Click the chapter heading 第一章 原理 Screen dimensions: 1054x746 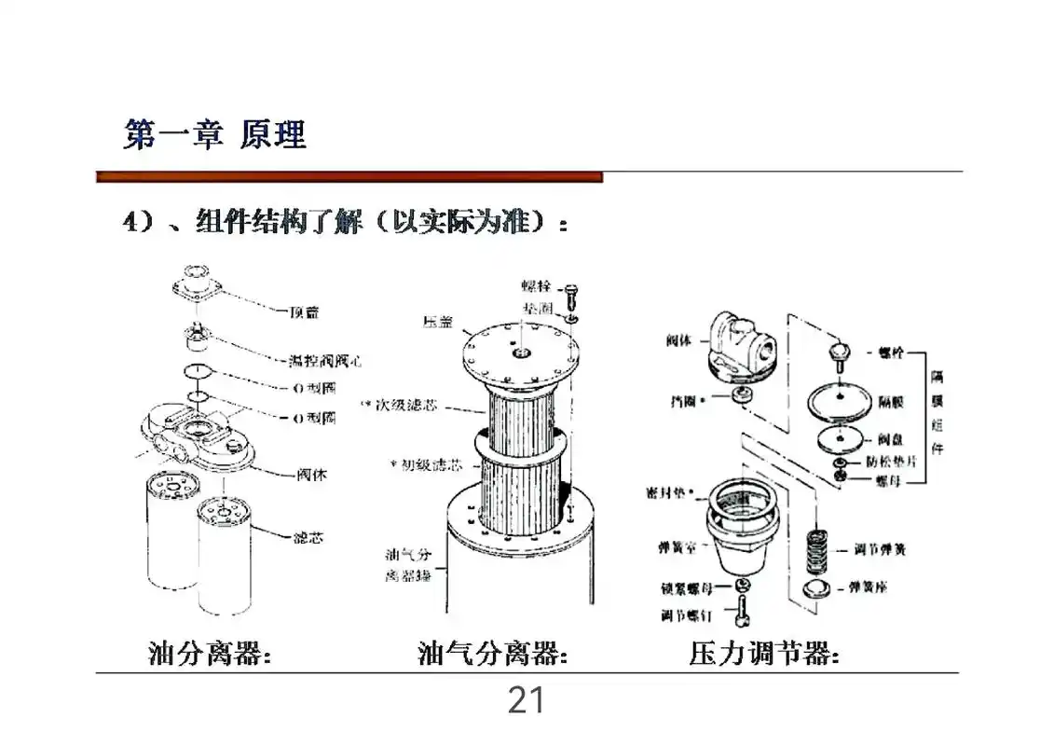click(x=215, y=136)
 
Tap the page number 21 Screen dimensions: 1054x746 click(x=526, y=700)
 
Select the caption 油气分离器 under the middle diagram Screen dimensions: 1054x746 click(x=493, y=654)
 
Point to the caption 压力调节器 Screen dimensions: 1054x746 click(x=764, y=654)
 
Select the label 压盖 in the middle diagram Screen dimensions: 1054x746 click(x=438, y=322)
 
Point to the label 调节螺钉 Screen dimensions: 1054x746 click(x=685, y=615)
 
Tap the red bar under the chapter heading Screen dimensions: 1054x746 click(x=349, y=176)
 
